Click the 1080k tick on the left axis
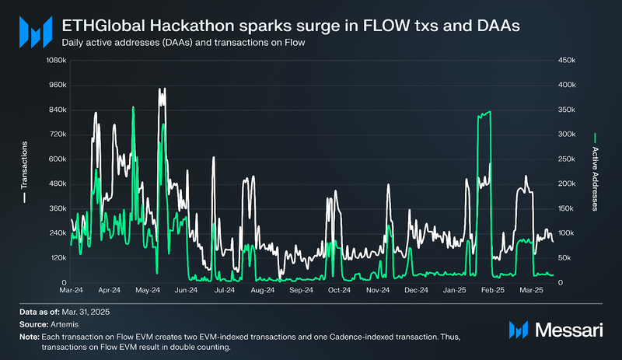point(54,61)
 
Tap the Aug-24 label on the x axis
point(263,290)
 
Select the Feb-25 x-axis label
point(492,290)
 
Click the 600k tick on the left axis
point(56,159)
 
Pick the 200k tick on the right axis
point(564,183)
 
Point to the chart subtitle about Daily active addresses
point(183,44)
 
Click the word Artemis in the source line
point(64,324)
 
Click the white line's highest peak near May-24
point(162,89)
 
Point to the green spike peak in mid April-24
point(133,107)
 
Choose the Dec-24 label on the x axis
point(416,290)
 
